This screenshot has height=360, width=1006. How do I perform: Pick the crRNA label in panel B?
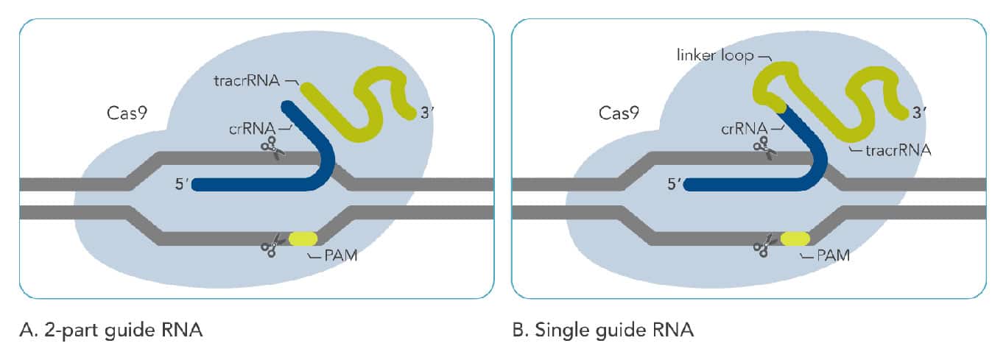745,127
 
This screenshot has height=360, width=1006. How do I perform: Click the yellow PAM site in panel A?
303,239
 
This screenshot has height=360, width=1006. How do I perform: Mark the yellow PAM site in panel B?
795,239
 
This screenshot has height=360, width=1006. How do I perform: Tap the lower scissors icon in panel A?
272,244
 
